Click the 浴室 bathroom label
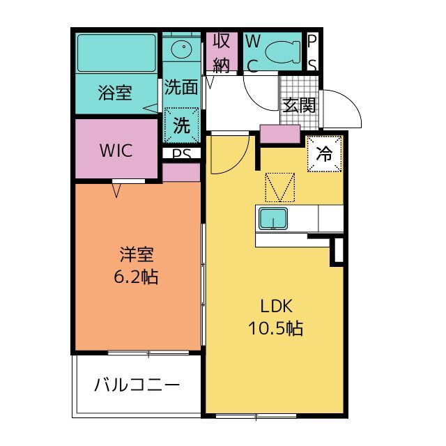point(115,93)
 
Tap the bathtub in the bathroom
point(116,53)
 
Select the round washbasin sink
point(181,49)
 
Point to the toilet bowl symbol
point(283,52)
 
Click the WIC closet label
point(116,151)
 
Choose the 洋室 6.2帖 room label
point(137,266)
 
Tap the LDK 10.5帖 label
point(276,317)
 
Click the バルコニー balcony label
point(137,385)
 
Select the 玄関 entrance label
point(299,105)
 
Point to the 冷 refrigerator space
point(324,154)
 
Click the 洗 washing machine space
point(181,125)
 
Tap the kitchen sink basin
point(273,218)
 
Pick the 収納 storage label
point(222,52)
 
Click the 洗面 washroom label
point(181,86)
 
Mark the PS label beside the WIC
point(181,154)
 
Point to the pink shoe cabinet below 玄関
point(280,134)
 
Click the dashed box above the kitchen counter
point(280,187)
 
